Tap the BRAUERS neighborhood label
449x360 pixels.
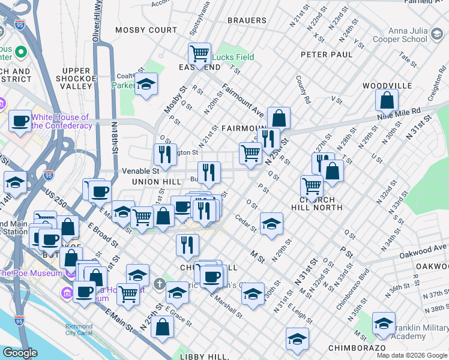[x=247, y=20]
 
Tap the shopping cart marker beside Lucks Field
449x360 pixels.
[x=199, y=53]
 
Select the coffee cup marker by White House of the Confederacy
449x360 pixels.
[x=20, y=121]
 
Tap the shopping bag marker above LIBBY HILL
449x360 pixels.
[x=162, y=326]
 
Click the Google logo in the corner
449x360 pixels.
[x=20, y=353]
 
